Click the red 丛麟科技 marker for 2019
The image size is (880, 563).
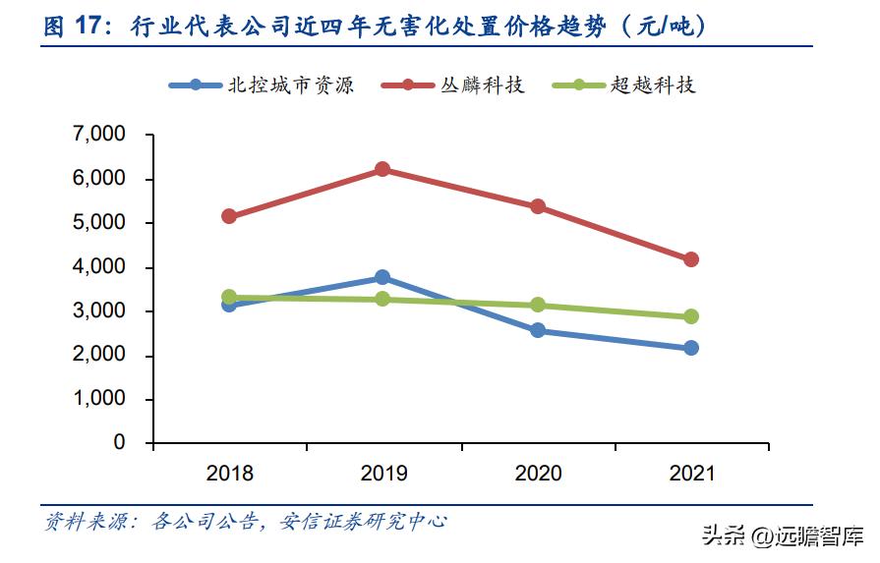383,169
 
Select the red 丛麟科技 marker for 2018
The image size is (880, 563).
229,216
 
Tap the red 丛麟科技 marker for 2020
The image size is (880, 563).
538,206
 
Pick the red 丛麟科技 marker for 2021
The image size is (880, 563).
691,259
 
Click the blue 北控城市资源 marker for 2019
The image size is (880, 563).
383,278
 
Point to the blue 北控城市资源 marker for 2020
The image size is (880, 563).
538,330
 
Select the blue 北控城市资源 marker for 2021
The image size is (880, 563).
691,348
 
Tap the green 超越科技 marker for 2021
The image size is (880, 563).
691,316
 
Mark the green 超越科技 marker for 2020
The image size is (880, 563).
538,305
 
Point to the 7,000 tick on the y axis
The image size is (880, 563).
99,135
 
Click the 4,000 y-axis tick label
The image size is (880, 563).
99,267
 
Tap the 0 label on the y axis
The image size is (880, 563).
120,443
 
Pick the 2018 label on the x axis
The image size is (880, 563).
229,474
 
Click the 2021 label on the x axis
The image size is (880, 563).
692,474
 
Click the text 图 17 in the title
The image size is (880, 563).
80,27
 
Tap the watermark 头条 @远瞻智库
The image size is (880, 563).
782,536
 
